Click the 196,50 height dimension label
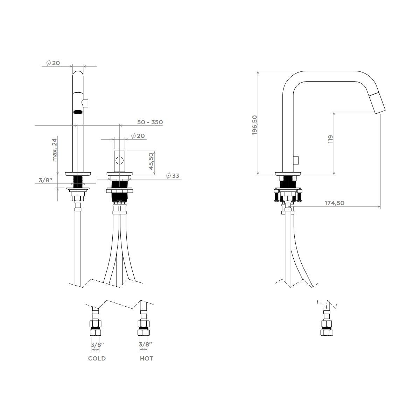click(254, 125)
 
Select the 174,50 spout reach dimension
click(335, 203)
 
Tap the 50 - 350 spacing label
click(150, 122)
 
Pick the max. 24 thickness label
click(55, 150)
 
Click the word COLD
click(97, 358)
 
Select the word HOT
click(146, 358)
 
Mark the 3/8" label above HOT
click(146, 344)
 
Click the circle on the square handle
click(119, 161)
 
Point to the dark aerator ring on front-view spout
click(78, 112)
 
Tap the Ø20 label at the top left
click(53, 63)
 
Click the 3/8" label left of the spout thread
click(46, 180)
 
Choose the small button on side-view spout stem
click(296, 160)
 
